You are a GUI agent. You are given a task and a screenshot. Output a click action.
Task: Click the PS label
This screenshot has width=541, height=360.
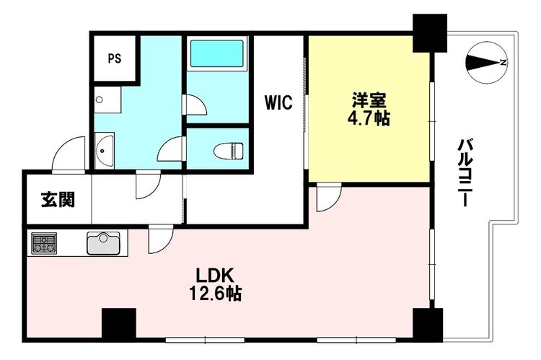[x=115, y=58]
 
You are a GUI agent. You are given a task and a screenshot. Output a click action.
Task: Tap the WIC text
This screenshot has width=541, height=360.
[x=278, y=102]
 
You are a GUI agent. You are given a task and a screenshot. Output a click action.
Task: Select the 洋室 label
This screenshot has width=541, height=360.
[x=369, y=101]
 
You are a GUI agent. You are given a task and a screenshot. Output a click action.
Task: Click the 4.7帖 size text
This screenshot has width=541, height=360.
[x=369, y=118]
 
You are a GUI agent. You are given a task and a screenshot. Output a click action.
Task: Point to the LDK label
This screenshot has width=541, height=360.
[x=215, y=276]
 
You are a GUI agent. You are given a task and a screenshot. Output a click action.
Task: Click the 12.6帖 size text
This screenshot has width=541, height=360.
[x=215, y=294]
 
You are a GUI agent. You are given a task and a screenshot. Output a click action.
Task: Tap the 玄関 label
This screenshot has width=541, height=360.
[x=58, y=200]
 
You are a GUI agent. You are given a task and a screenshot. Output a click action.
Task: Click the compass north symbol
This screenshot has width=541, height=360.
[x=486, y=63]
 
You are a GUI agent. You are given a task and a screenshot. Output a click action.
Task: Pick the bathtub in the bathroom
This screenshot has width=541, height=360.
[x=217, y=53]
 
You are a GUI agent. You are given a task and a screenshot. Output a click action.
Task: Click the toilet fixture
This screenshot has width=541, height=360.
[x=229, y=151]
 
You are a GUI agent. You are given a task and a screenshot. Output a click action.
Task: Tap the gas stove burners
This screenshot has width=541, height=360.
[x=44, y=242]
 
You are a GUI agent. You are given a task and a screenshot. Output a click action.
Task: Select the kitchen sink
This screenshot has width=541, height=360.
[x=103, y=243]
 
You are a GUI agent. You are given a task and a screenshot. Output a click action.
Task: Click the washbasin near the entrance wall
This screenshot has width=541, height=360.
[x=104, y=151]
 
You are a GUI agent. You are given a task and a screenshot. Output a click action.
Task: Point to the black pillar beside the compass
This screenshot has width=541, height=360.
[x=430, y=33]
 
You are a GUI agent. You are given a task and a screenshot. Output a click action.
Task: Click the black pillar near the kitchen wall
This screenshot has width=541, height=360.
[x=119, y=324]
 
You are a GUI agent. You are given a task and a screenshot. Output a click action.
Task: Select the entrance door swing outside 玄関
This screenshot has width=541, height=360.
[x=69, y=154]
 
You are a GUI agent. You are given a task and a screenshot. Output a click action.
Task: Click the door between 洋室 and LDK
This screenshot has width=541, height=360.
[x=329, y=198]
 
